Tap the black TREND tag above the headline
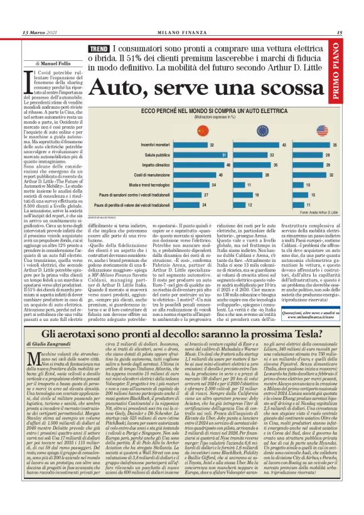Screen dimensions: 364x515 [99, 49]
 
